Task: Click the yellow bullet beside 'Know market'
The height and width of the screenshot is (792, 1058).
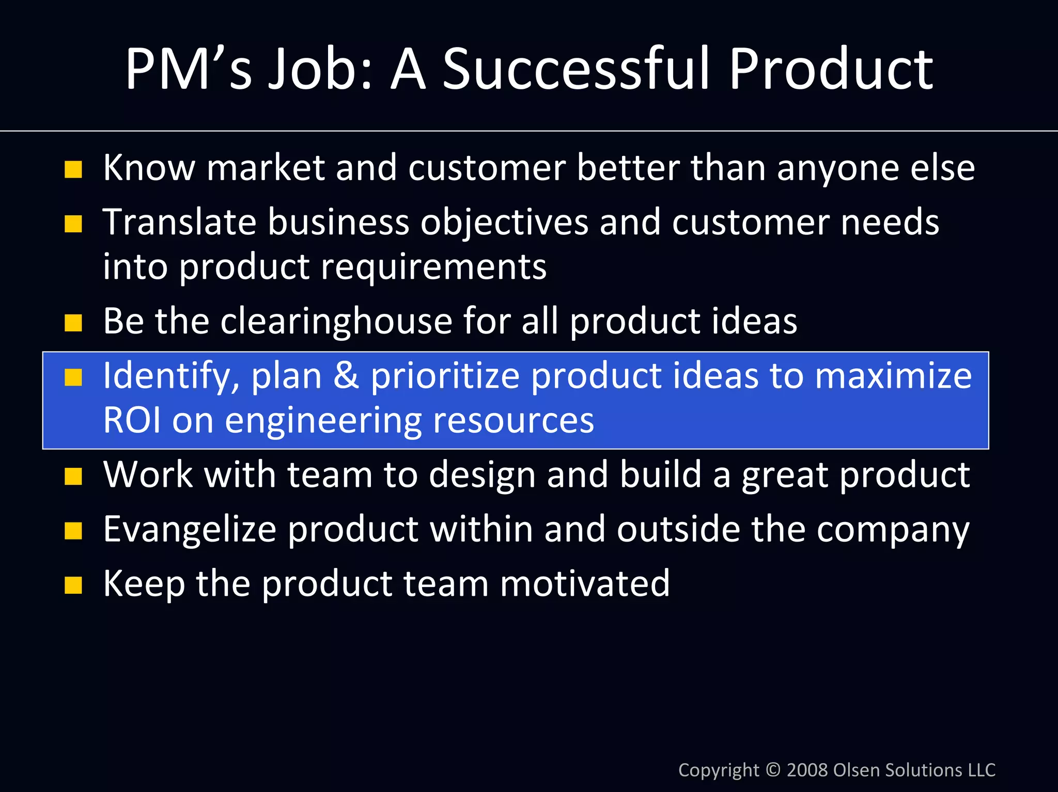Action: pos(73,169)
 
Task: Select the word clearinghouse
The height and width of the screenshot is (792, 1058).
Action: pos(336,321)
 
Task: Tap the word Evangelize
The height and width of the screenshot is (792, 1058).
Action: pos(190,530)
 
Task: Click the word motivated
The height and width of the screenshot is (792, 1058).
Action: pos(584,583)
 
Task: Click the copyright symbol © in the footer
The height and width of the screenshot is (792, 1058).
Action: pos(773,770)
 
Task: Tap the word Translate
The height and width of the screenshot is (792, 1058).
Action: pos(179,223)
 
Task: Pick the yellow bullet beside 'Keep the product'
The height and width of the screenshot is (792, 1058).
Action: pos(73,585)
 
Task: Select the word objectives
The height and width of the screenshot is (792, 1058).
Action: pos(504,223)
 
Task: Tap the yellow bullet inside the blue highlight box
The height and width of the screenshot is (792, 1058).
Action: pos(73,377)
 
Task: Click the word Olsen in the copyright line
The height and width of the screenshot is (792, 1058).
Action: pos(857,770)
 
